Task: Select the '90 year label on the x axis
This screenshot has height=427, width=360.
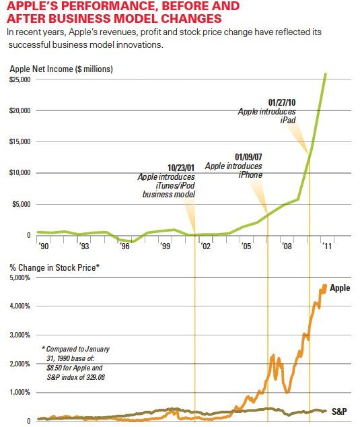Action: pyautogui.click(x=44, y=247)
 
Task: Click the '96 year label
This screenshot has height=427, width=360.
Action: pyautogui.click(x=124, y=247)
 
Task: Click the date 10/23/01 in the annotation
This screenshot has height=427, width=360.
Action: pyautogui.click(x=180, y=167)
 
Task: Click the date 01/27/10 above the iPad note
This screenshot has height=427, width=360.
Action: pyautogui.click(x=282, y=102)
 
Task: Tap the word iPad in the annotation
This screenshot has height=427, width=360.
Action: pyautogui.click(x=288, y=121)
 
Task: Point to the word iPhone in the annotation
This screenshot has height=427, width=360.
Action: pyautogui.click(x=250, y=174)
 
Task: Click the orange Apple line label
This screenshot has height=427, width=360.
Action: pyautogui.click(x=339, y=288)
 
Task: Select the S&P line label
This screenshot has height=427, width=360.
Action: pyautogui.click(x=338, y=410)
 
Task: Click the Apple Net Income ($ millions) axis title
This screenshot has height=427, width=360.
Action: pyautogui.click(x=61, y=69)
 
